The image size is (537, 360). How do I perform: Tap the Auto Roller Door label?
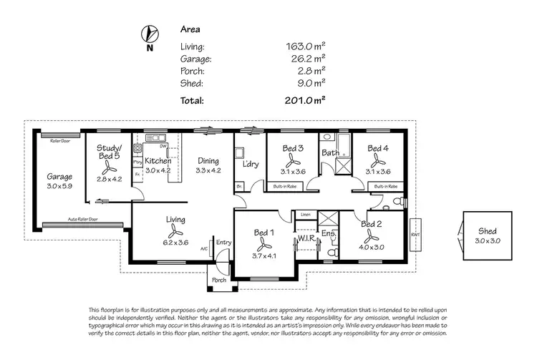tap(83, 219)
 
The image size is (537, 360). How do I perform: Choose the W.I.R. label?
tap(308, 238)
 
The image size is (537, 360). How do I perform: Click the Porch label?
tap(219, 280)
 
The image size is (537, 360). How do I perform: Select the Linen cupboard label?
tap(305, 214)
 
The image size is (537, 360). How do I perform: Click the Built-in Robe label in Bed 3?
tap(286, 187)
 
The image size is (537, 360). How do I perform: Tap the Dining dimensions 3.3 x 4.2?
tap(209, 171)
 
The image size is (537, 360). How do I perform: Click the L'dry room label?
tap(251, 165)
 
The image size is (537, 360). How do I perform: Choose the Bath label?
tap(330, 152)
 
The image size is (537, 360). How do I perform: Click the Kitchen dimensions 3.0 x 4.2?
tap(158, 171)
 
